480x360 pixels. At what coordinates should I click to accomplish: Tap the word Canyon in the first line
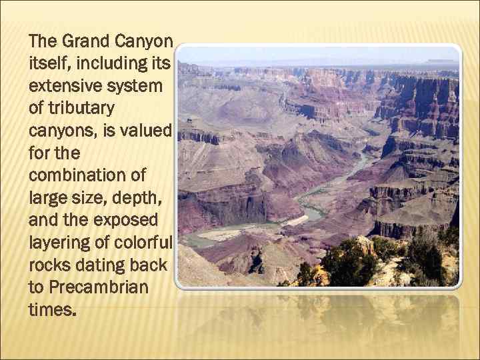(x=145, y=41)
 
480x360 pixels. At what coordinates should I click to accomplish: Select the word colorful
(x=141, y=243)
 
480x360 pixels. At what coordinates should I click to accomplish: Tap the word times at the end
(x=52, y=310)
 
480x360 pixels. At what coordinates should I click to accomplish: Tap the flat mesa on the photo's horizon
(x=443, y=62)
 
